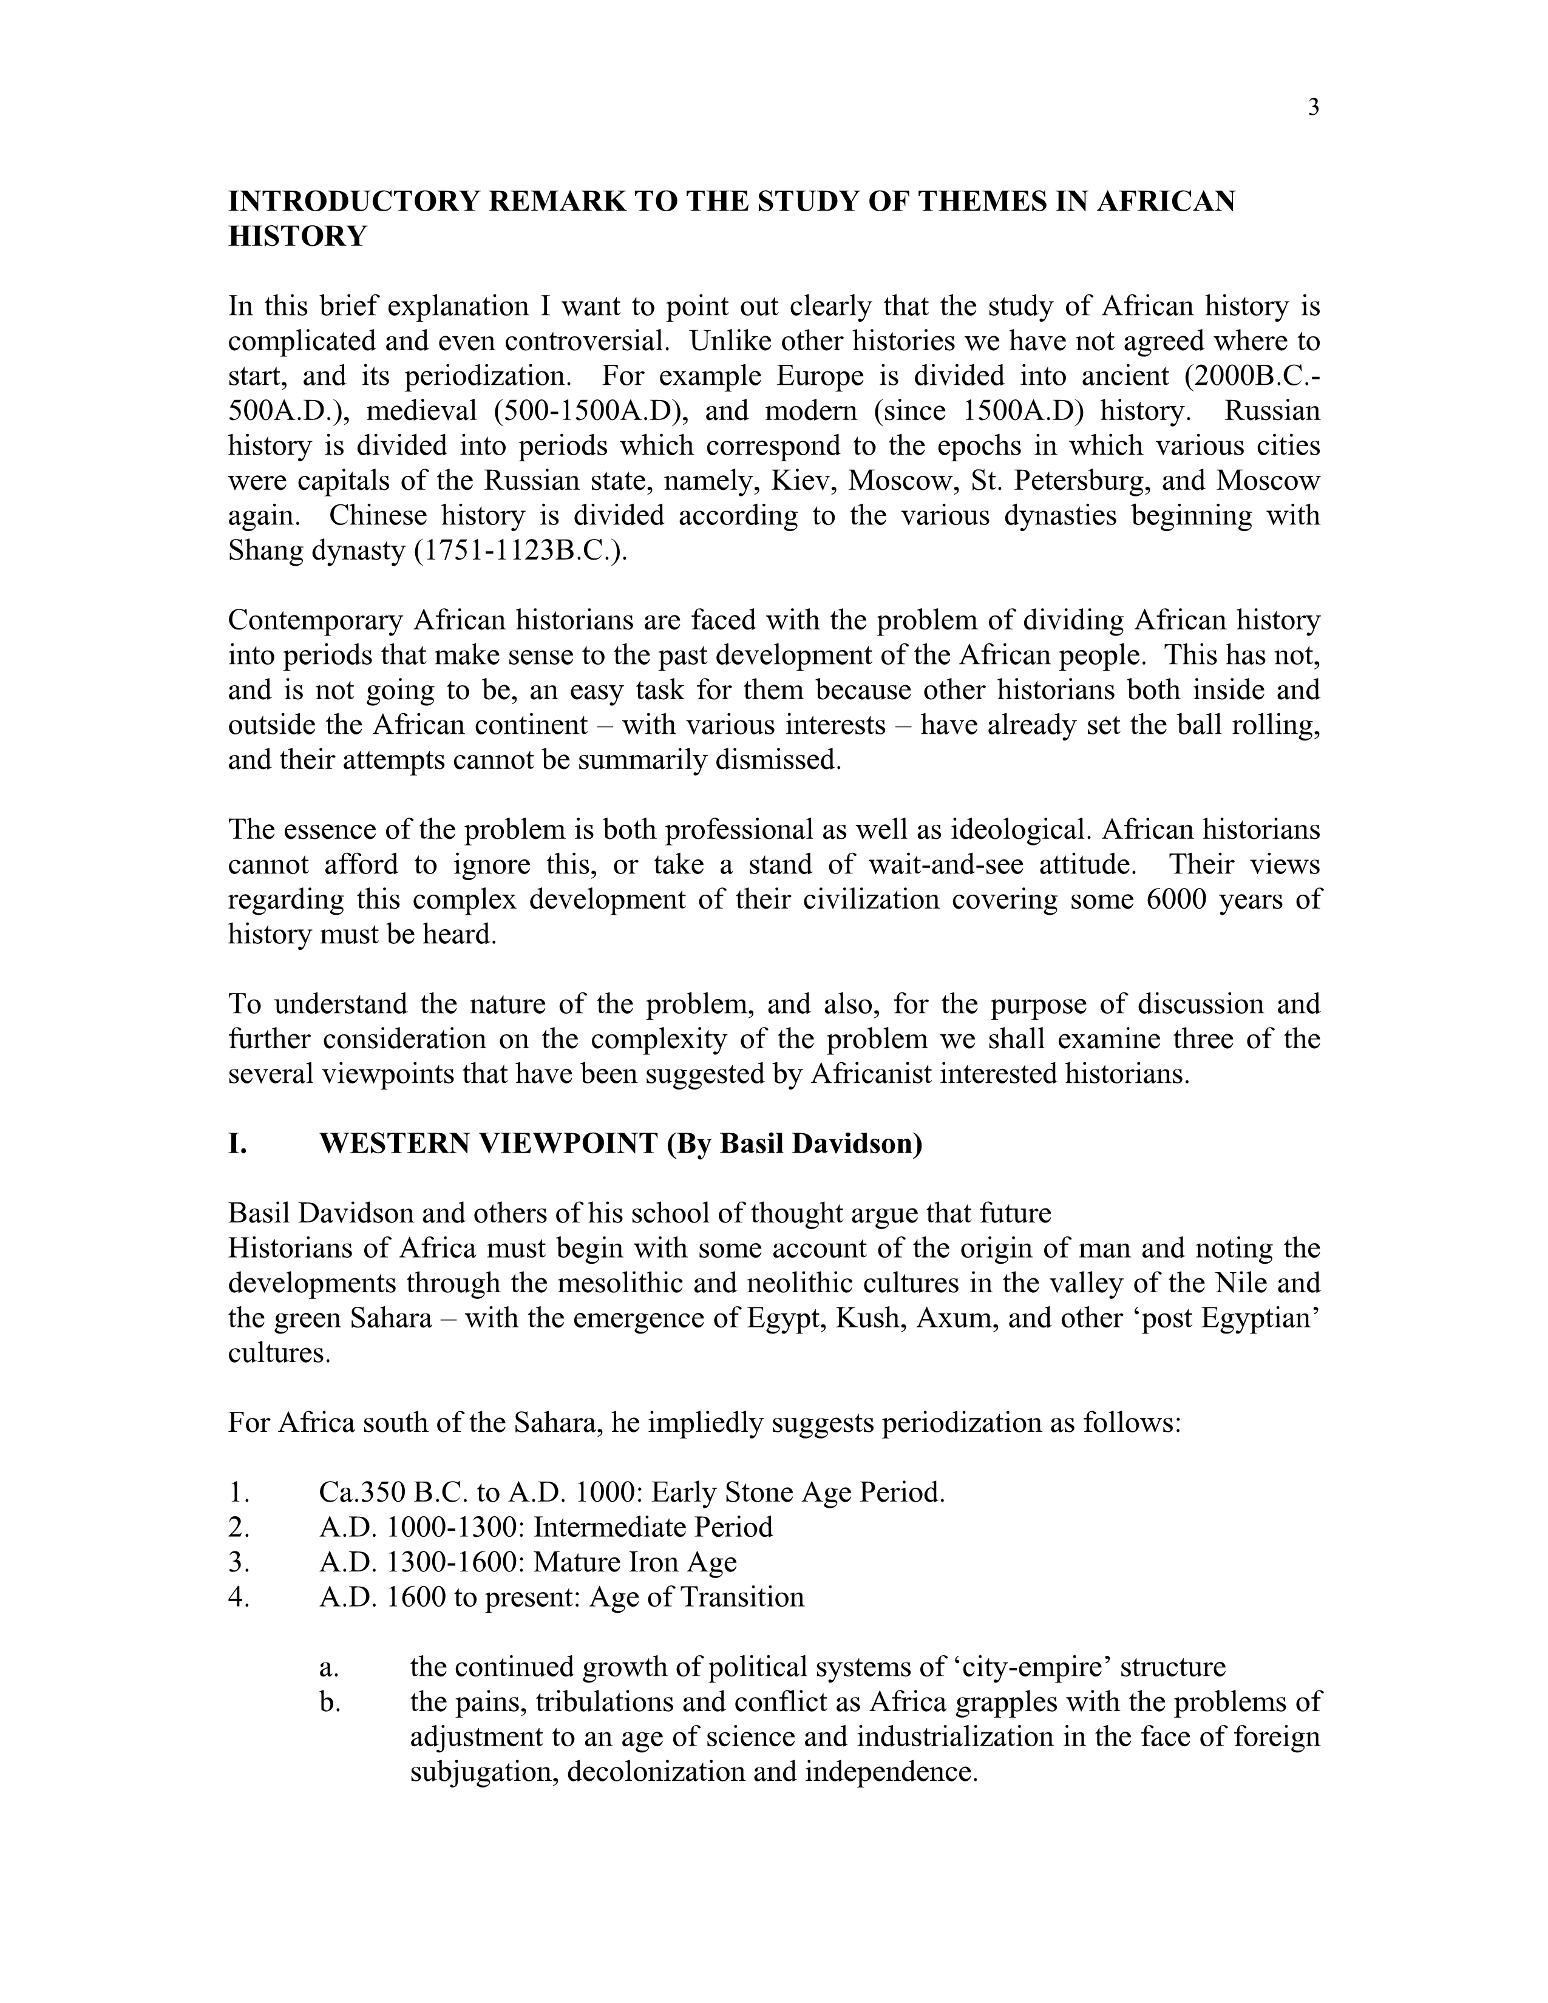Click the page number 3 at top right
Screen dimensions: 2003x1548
pos(1313,108)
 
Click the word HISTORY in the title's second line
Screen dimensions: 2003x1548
pos(297,237)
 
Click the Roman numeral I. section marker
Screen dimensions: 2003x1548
pos(237,1145)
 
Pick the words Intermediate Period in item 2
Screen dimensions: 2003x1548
pos(653,1528)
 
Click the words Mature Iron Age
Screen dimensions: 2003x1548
pos(634,1563)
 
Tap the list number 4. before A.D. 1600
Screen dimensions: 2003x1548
pos(239,1598)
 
